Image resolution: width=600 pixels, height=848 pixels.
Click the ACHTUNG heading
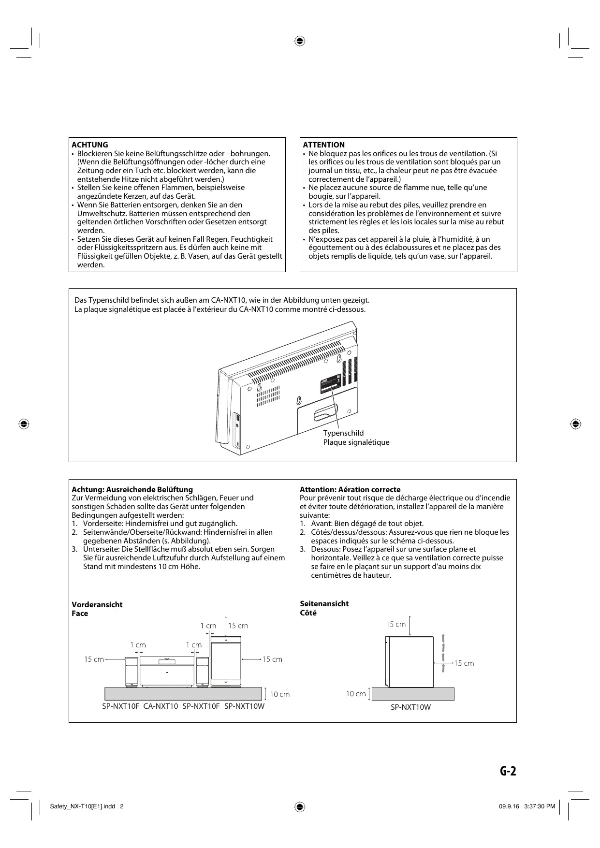(90, 145)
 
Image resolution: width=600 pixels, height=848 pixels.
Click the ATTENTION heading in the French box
(323, 145)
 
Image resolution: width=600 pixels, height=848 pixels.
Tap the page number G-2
(508, 771)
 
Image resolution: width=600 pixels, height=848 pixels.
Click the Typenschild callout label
(343, 433)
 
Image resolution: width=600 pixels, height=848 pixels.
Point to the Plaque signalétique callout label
(356, 442)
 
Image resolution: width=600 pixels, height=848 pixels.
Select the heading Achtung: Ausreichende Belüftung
(132, 489)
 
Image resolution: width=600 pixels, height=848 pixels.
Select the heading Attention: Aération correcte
(350, 489)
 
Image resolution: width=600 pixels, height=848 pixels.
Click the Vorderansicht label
(97, 604)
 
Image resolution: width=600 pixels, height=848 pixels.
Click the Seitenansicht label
(324, 603)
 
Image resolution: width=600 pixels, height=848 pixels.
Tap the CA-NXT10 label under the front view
(161, 706)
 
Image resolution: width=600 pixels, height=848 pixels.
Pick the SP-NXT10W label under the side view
(410, 707)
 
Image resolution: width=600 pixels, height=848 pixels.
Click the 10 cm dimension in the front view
(279, 694)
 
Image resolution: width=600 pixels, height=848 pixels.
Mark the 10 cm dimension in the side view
(356, 694)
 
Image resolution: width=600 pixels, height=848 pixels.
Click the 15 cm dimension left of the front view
(94, 659)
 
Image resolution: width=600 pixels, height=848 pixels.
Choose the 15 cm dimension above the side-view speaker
(395, 624)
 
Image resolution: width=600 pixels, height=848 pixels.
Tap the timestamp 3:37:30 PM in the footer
(539, 806)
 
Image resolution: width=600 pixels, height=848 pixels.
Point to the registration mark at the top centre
(300, 41)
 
